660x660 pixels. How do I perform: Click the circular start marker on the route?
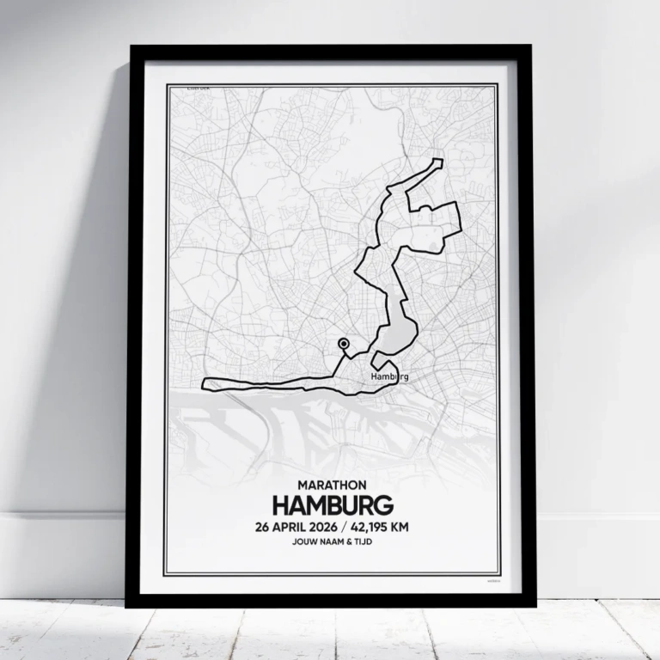coord(344,344)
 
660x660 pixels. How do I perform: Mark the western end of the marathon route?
coord(203,384)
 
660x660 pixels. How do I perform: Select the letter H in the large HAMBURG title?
coord(280,504)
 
